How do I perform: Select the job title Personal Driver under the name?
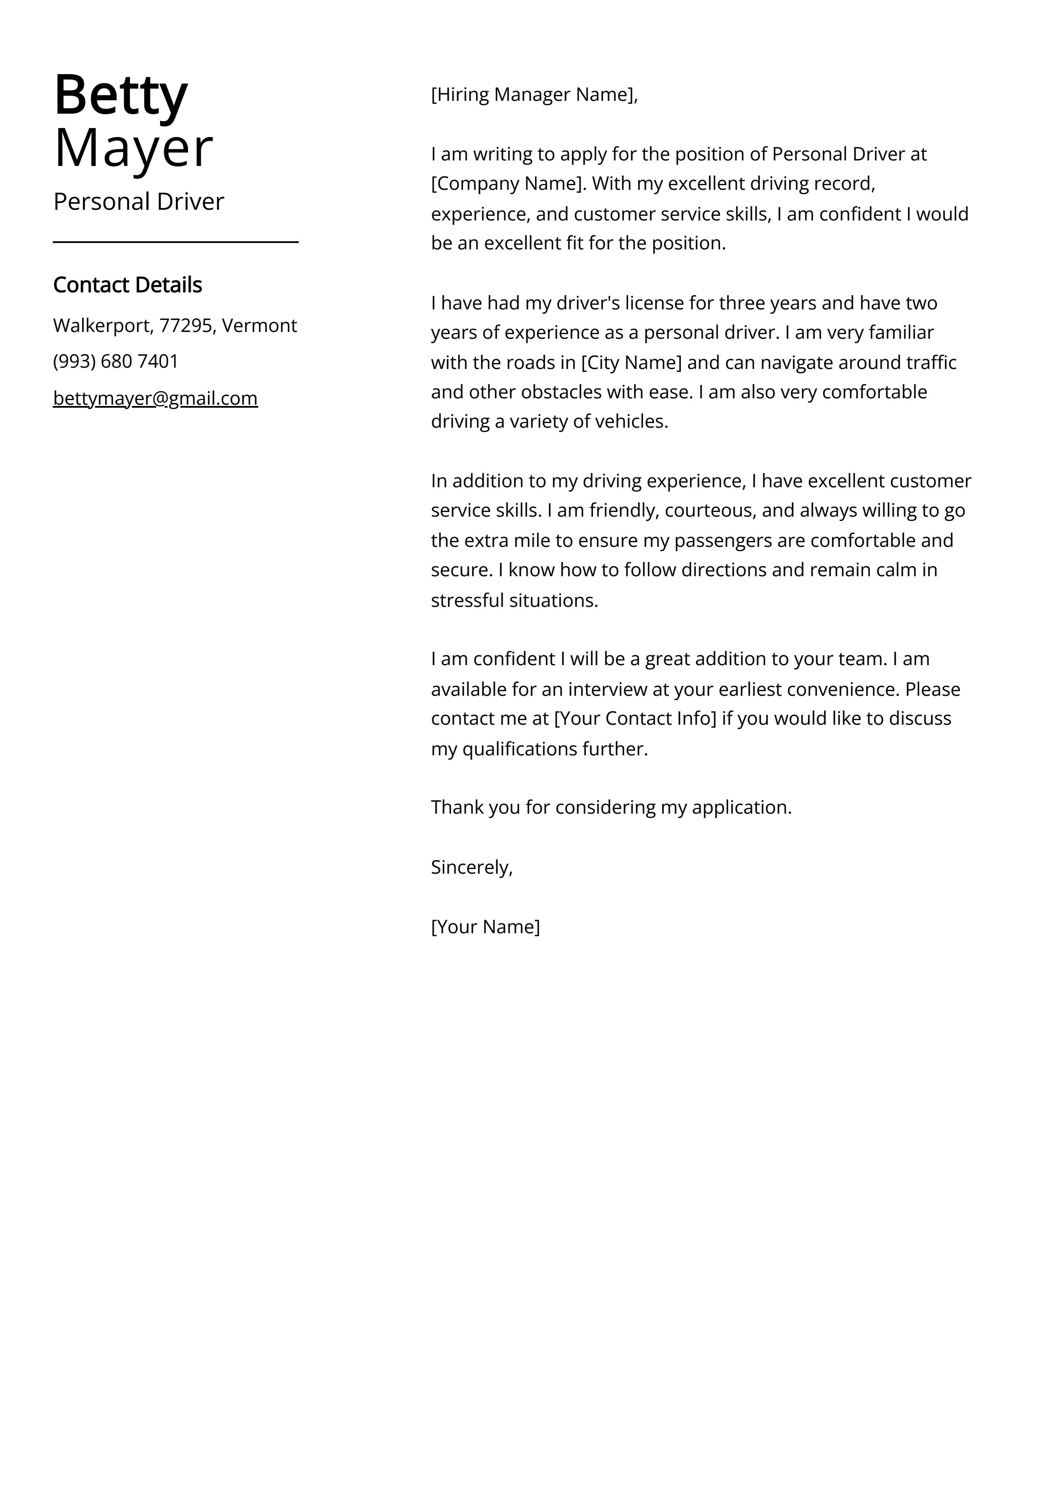point(138,201)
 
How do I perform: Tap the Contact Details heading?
point(127,285)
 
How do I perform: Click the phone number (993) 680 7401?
point(116,361)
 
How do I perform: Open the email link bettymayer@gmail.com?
point(155,398)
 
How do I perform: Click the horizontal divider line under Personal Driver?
point(175,242)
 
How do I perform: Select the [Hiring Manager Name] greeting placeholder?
point(533,95)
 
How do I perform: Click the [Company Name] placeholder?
point(508,184)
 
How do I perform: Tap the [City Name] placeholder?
point(631,363)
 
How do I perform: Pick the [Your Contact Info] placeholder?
point(635,719)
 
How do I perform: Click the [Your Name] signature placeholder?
point(485,927)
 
